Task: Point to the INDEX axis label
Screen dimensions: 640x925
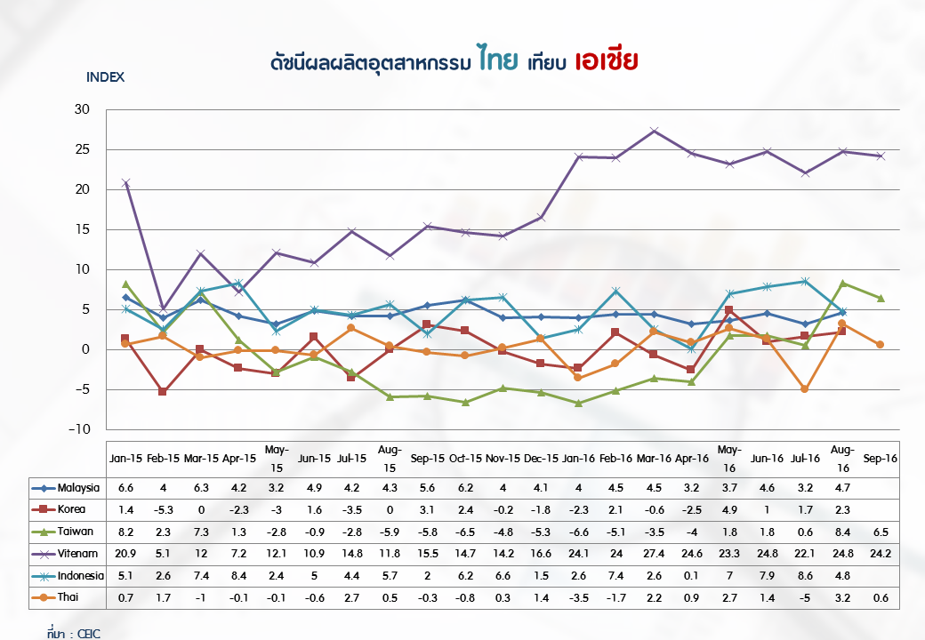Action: (105, 76)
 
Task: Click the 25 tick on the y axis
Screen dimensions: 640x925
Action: (83, 149)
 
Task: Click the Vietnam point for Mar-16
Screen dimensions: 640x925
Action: (654, 131)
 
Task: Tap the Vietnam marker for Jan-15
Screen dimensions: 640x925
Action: (125, 182)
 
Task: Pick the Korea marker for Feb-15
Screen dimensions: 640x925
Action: (163, 391)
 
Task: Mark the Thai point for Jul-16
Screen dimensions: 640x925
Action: (805, 389)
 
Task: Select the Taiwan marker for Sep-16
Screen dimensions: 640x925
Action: (881, 298)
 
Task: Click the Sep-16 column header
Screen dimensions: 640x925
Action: (881, 458)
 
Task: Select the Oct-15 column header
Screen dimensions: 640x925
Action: (464, 458)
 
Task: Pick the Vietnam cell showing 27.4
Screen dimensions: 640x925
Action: (654, 554)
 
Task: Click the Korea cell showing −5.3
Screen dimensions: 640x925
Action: (163, 510)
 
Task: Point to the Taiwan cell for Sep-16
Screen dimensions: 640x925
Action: (881, 532)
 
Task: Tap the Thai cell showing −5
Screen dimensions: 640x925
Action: (805, 597)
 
